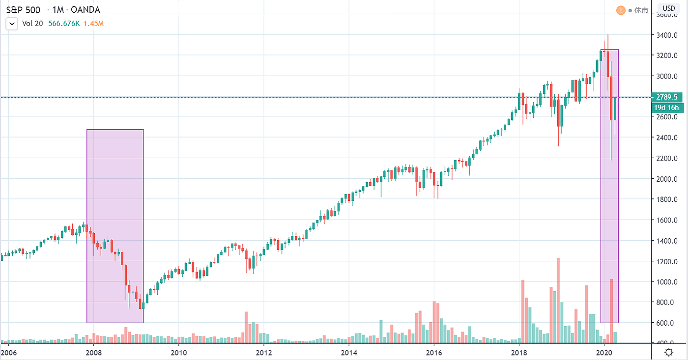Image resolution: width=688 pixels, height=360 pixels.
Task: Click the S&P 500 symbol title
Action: tap(23, 10)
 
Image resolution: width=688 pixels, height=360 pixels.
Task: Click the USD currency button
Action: tap(669, 8)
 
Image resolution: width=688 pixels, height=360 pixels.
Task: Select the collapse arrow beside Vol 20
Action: tap(11, 23)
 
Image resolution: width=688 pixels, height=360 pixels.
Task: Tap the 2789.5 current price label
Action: tap(666, 97)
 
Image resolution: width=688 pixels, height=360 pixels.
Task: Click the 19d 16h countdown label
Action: tap(666, 108)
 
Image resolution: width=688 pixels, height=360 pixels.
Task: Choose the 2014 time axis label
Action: tap(349, 353)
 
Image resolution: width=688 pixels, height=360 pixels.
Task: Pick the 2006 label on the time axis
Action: tap(8, 353)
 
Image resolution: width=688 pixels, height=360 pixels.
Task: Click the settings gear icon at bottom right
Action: tap(669, 352)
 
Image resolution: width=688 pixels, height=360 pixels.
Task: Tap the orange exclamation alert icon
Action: tap(621, 10)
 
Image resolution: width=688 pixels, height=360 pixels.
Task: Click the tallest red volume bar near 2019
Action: tap(558, 300)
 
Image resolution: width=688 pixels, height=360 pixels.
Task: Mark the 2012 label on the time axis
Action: tap(264, 353)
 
